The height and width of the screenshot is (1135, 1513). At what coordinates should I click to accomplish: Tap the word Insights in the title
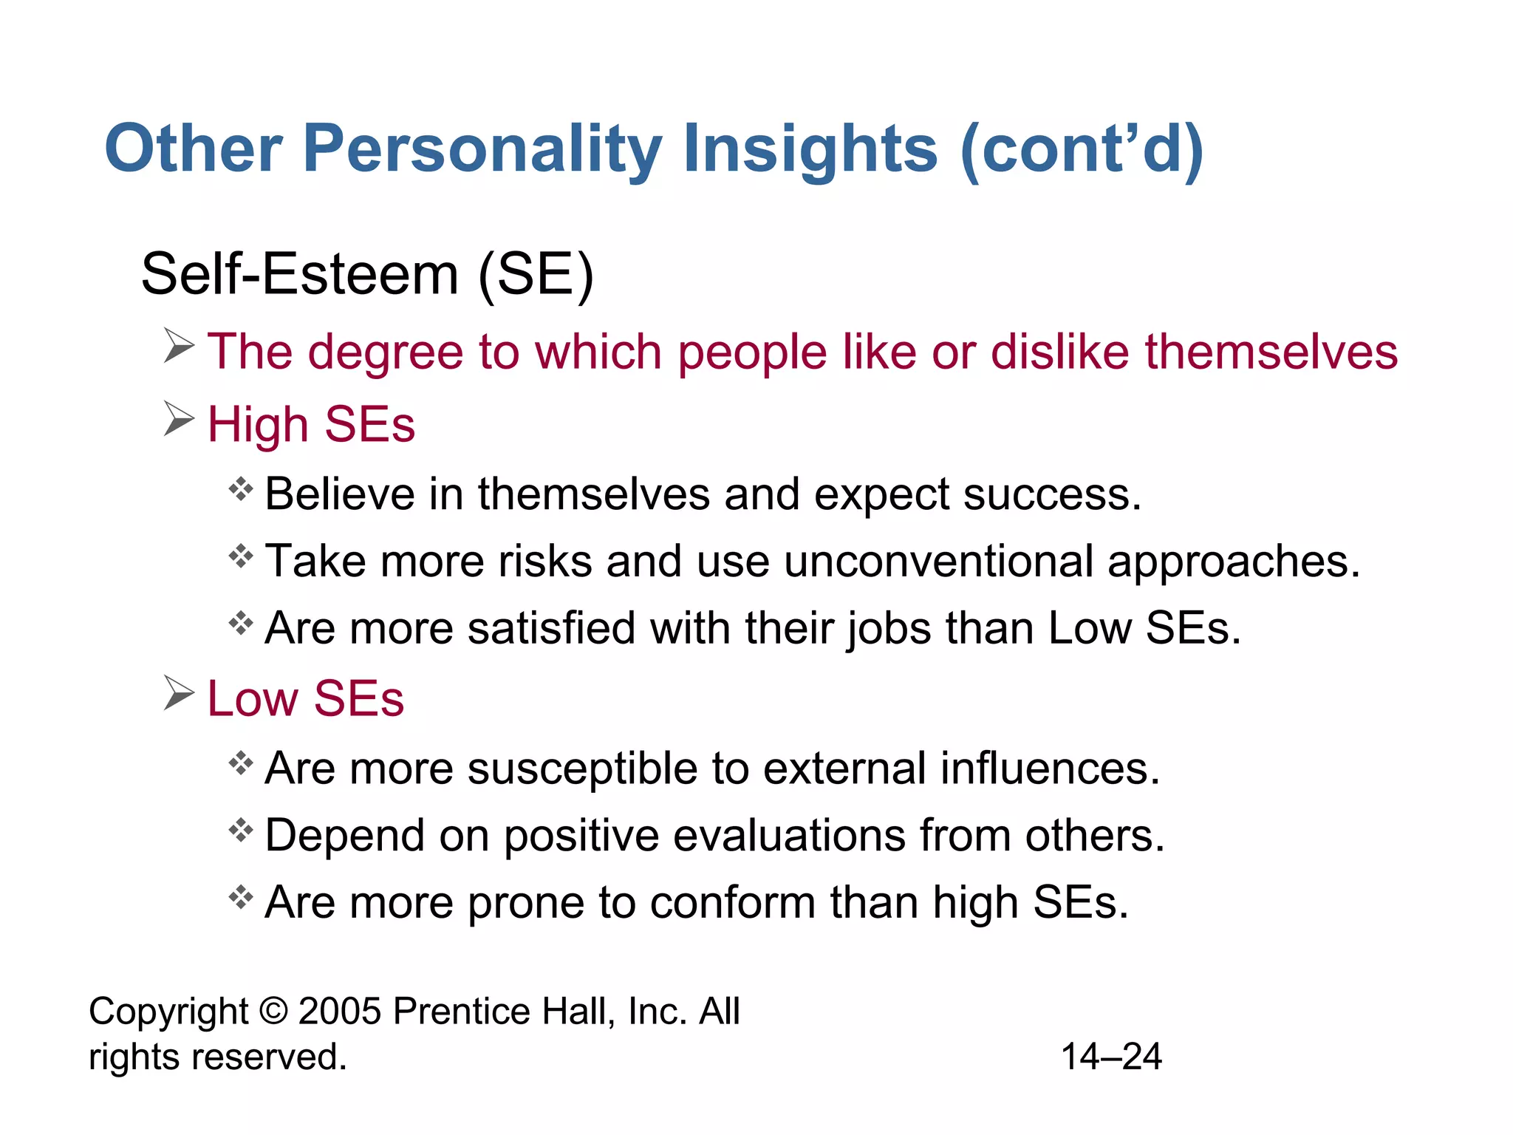tap(810, 149)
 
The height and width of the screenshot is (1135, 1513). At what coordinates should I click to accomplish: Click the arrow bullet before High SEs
tap(179, 420)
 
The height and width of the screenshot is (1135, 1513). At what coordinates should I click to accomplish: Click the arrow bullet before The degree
tap(179, 346)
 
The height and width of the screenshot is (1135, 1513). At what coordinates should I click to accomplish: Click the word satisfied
tap(551, 629)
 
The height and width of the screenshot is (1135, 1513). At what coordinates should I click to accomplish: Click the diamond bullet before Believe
tap(241, 488)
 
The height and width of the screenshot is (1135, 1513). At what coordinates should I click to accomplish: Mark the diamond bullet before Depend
tap(241, 831)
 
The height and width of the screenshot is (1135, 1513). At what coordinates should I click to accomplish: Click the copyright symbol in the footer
tap(273, 1011)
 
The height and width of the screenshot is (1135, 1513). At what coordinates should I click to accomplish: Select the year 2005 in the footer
tap(339, 1011)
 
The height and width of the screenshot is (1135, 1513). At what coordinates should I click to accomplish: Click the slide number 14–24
tap(1111, 1057)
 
